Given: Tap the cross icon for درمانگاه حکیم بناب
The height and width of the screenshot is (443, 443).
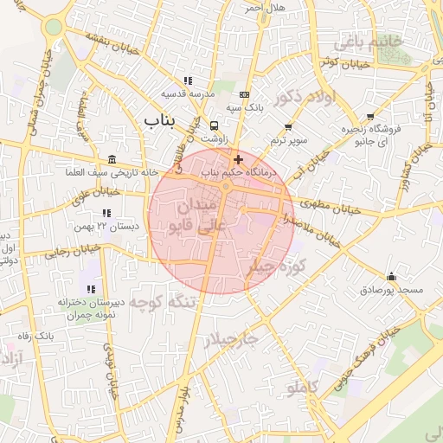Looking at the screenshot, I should (238, 159).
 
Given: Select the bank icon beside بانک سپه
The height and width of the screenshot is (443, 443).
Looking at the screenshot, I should (245, 94).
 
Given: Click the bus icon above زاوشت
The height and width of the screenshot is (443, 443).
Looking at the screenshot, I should (215, 125).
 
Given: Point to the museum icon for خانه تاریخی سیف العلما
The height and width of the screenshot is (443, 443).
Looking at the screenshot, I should (112, 159).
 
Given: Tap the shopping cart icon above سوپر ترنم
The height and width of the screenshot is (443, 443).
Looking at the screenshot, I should (288, 127).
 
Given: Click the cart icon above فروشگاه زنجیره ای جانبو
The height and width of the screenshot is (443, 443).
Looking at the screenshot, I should (371, 117).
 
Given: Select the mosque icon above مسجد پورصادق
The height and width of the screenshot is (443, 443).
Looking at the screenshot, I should (391, 276).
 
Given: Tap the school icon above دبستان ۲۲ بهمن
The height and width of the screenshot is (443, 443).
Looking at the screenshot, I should (106, 212).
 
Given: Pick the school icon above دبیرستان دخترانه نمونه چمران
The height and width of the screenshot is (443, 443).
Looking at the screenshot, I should (91, 289).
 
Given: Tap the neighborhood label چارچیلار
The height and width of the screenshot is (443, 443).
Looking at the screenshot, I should (231, 340).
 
